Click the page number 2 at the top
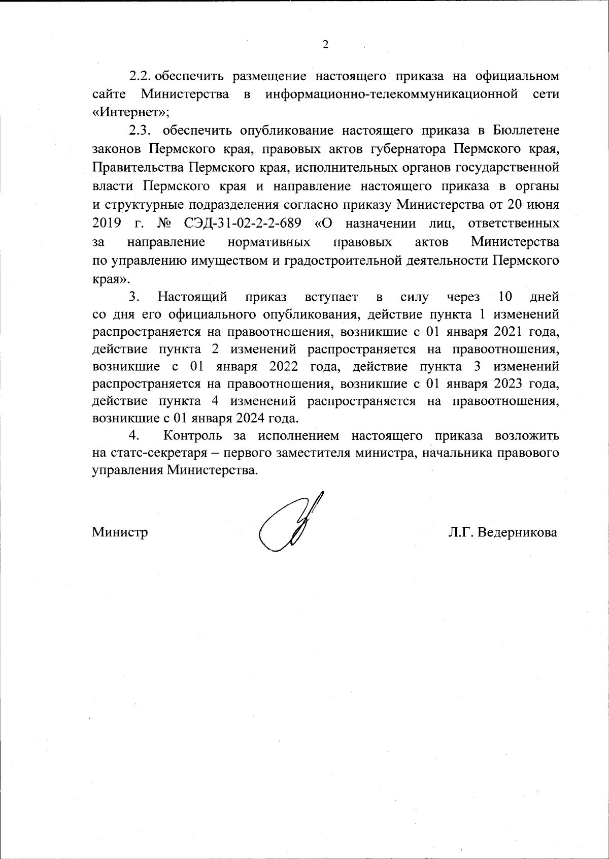point(325,45)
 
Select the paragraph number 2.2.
point(142,76)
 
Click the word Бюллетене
point(526,131)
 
